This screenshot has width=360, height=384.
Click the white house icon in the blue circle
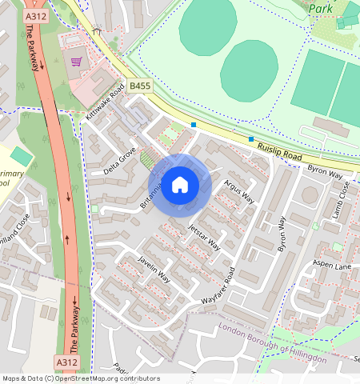tap(180, 185)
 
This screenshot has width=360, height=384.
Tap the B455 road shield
tap(140, 85)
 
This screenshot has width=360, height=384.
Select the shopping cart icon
tap(78, 62)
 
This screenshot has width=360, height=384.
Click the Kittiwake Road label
tap(106, 104)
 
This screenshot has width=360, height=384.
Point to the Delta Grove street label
tap(120, 158)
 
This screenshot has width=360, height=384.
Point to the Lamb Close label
tap(344, 201)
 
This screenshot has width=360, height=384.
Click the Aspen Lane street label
tap(333, 265)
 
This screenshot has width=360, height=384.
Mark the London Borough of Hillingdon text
tap(272, 343)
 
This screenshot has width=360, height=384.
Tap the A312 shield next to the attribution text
tap(67, 362)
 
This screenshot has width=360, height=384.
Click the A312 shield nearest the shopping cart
tap(34, 15)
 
